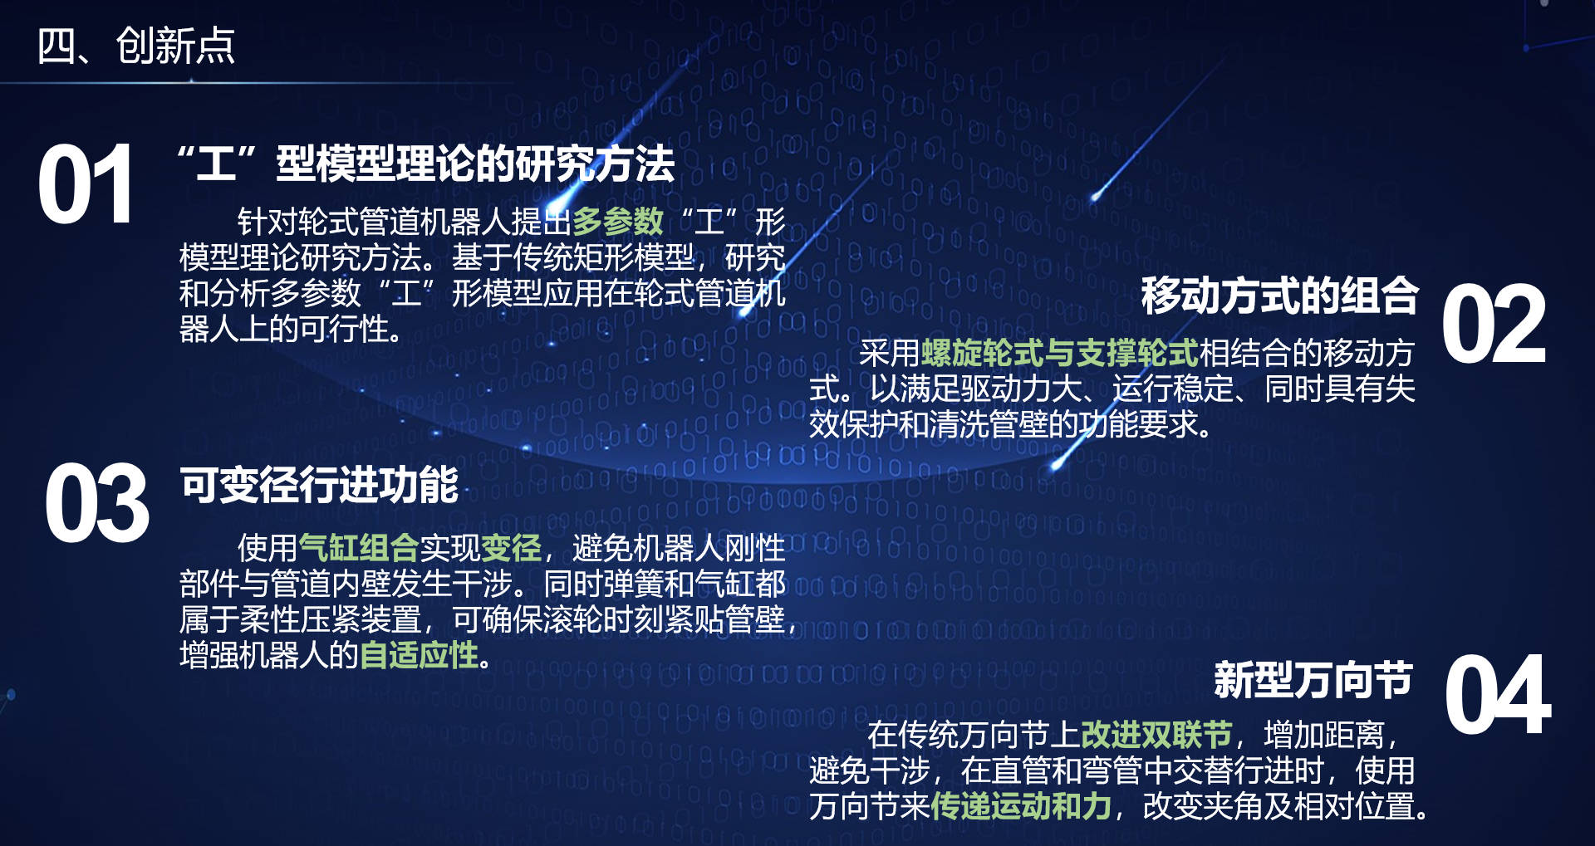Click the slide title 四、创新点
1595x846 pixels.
(x=136, y=46)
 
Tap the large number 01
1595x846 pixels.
(x=86, y=184)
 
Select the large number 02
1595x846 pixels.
(x=1494, y=324)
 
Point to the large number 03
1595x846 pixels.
(x=97, y=503)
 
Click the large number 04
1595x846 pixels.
(x=1498, y=694)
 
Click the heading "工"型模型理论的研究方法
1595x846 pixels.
(x=426, y=164)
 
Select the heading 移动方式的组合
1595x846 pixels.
(x=1279, y=296)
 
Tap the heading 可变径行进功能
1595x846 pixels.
(x=319, y=485)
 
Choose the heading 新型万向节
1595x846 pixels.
(x=1313, y=680)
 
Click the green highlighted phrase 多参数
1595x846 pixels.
(x=618, y=222)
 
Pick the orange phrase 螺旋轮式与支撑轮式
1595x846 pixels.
(x=1060, y=354)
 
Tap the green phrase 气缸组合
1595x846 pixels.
(x=359, y=548)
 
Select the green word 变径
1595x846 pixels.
(x=511, y=548)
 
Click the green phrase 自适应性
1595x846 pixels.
(x=420, y=656)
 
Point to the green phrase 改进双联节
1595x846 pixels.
(x=1156, y=735)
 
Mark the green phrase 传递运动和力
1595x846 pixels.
(x=1021, y=806)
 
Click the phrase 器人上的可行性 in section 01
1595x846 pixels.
(x=292, y=330)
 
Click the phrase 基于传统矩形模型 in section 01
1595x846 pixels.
(x=573, y=258)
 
